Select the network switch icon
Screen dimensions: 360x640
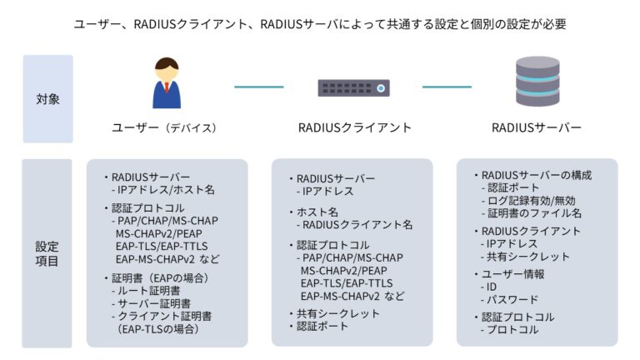pyautogui.click(x=353, y=87)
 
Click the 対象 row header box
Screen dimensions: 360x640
pyautogui.click(x=47, y=99)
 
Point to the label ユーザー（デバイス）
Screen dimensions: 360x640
pyautogui.click(x=164, y=128)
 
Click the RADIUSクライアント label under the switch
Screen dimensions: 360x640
pyautogui.click(x=354, y=128)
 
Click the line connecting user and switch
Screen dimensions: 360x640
pyautogui.click(x=258, y=87)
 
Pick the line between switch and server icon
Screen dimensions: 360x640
pyautogui.click(x=447, y=87)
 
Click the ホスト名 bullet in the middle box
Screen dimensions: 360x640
pyautogui.click(x=312, y=212)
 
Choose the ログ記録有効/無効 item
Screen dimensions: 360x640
pyautogui.click(x=532, y=201)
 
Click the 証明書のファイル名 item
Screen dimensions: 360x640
pyautogui.click(x=533, y=213)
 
